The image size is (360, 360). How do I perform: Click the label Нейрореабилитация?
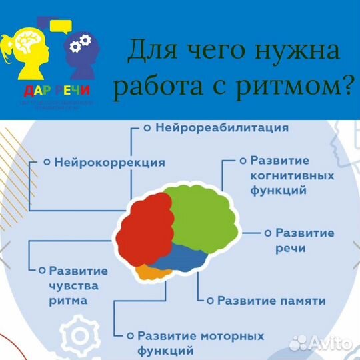(x=222, y=127)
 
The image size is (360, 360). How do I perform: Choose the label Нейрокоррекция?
(x=109, y=161)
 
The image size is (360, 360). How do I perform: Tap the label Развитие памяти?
(x=271, y=301)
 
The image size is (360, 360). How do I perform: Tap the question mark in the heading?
(x=347, y=87)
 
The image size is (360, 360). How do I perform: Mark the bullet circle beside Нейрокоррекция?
(x=47, y=161)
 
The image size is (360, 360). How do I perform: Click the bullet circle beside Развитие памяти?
(x=211, y=301)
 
